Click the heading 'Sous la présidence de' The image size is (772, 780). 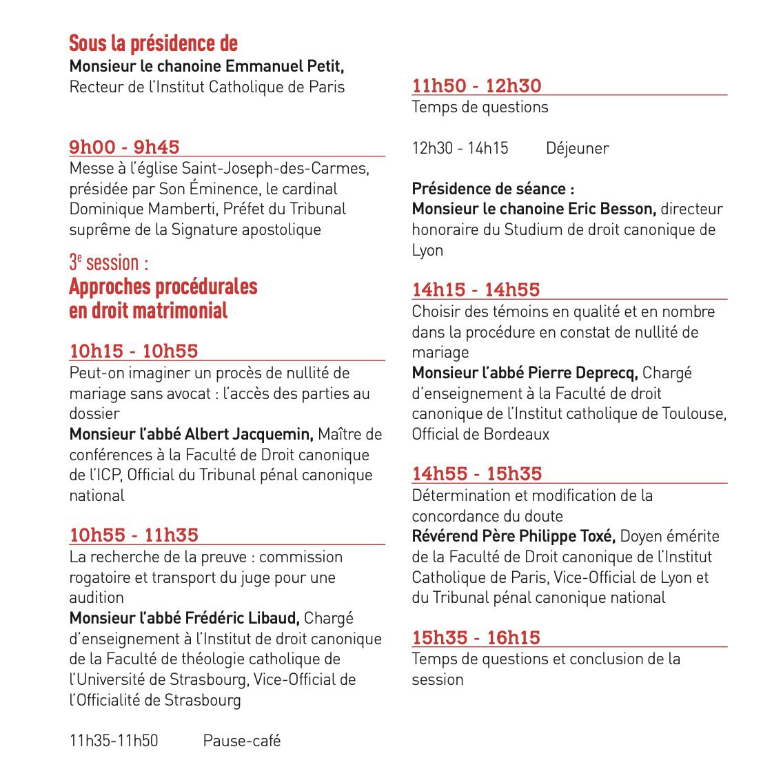coord(153,43)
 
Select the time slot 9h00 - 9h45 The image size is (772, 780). coord(124,147)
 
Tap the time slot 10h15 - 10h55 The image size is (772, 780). coord(134,351)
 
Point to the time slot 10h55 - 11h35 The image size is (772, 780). coord(134,535)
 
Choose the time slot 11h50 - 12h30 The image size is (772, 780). coord(476,85)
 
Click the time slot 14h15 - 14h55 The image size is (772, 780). coord(476,289)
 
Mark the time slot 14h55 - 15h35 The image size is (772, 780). coord(477,473)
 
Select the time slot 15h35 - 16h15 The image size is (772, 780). coord(476,637)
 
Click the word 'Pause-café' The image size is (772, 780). coord(242,741)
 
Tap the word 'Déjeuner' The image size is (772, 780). coord(577,148)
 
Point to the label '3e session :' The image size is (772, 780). coord(108,263)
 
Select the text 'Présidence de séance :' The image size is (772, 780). coord(493,189)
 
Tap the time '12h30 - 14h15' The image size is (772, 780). coord(460,148)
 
